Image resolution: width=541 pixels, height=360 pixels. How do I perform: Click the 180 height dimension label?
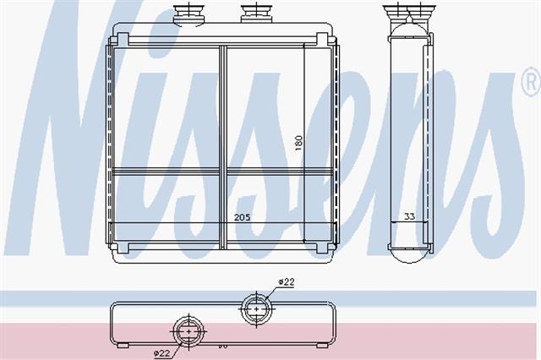298,143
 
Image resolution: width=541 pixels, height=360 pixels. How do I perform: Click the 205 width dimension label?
243,217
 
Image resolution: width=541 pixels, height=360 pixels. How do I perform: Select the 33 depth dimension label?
409,216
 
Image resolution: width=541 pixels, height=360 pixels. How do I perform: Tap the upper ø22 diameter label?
287,282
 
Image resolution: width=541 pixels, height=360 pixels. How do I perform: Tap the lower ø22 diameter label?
162,353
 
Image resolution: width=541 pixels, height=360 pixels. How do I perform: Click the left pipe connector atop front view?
189,14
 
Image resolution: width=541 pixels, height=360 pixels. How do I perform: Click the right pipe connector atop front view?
255,14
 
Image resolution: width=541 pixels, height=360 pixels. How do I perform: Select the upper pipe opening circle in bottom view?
257,309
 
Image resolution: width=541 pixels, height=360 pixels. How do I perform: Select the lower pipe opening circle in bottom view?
189,331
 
